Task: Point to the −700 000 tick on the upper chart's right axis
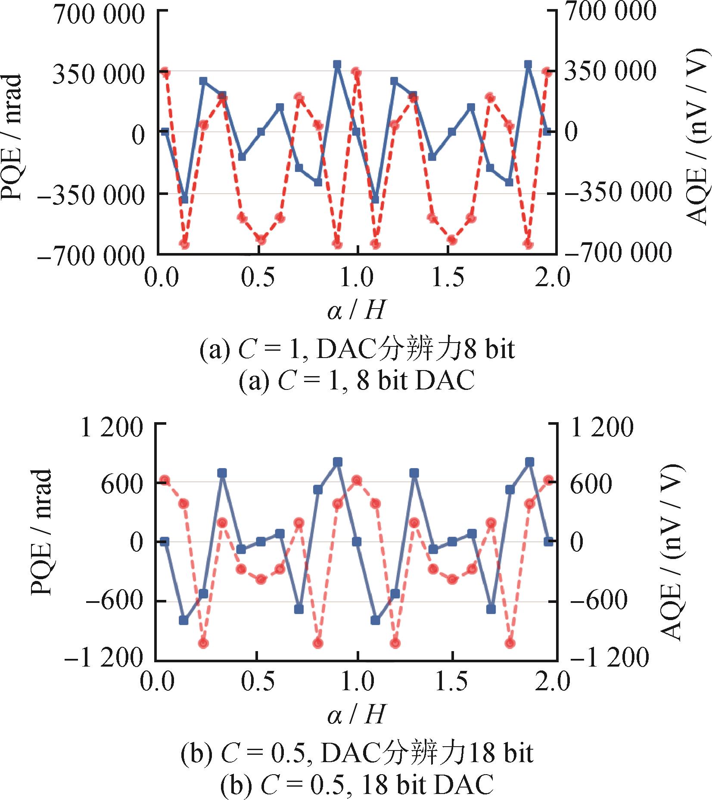point(618,253)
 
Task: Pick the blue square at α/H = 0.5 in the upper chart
point(261,132)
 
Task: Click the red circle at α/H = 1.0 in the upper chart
point(356,72)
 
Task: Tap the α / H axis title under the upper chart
point(356,309)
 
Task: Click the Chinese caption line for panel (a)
point(357,349)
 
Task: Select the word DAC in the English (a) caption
point(445,380)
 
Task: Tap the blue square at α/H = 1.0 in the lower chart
point(357,541)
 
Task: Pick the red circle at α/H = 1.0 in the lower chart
point(357,480)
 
